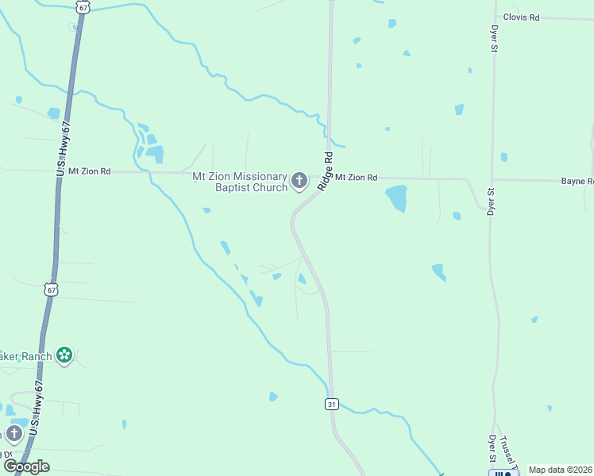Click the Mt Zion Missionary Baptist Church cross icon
coord(299,182)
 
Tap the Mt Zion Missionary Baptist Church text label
coord(239,182)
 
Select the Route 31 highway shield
coord(332,405)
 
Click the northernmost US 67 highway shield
coord(83,6)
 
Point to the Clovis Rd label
coord(521,17)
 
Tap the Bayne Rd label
coord(577,182)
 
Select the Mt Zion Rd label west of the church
coord(89,171)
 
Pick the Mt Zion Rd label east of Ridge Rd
coord(355,178)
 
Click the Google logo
coord(26,466)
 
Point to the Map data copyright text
coord(560,470)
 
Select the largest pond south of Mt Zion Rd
coord(395,198)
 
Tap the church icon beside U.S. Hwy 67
coord(13,433)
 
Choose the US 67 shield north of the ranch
coord(52,290)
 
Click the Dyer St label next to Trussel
coord(492,448)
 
